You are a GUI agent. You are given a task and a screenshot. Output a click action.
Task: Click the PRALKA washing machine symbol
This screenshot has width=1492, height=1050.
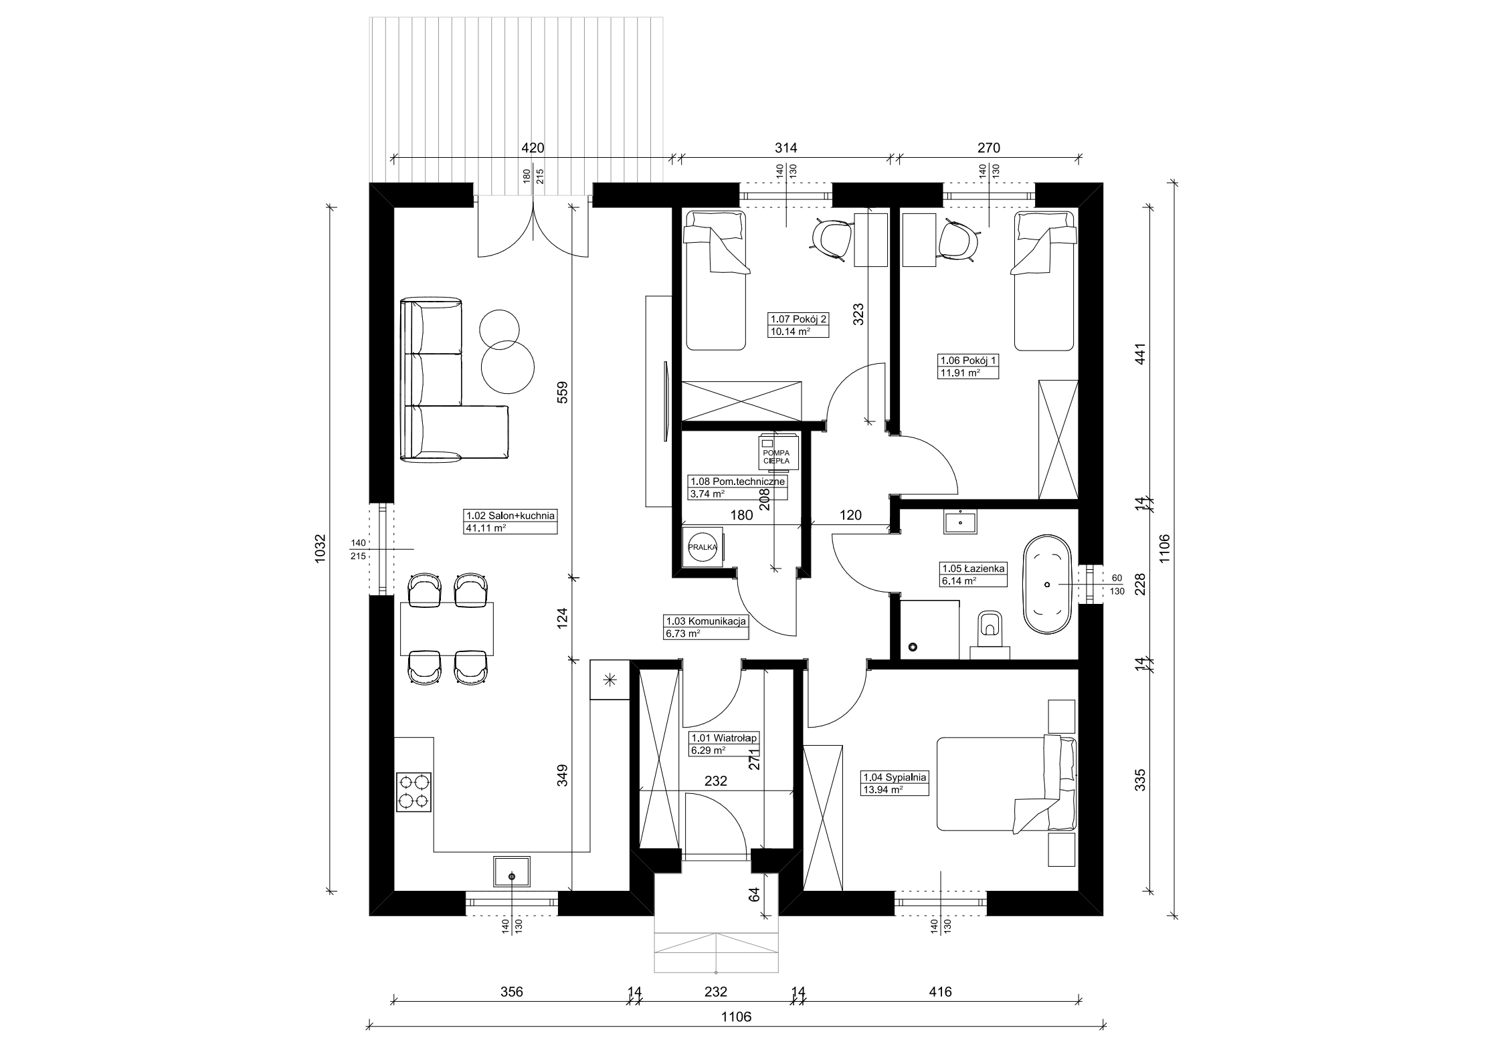[703, 546]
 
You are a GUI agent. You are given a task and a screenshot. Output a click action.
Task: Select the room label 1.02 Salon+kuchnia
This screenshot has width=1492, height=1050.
[510, 516]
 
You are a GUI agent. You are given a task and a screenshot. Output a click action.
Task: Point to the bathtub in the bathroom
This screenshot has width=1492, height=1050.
[1047, 585]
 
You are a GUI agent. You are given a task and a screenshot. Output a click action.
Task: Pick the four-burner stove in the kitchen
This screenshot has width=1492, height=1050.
[414, 792]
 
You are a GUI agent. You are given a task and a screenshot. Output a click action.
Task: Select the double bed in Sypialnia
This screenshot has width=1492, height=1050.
[1007, 784]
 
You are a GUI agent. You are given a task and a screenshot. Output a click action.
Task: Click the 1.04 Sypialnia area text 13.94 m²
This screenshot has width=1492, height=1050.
[882, 789]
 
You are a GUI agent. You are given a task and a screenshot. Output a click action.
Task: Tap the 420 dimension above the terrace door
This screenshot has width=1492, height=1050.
[533, 148]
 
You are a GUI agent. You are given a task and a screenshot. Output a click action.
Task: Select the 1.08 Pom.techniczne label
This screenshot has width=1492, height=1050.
[737, 481]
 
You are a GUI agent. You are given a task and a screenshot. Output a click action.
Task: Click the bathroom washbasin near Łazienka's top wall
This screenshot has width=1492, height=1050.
[961, 521]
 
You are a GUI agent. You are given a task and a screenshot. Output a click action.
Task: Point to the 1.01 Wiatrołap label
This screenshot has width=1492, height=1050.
[724, 738]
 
